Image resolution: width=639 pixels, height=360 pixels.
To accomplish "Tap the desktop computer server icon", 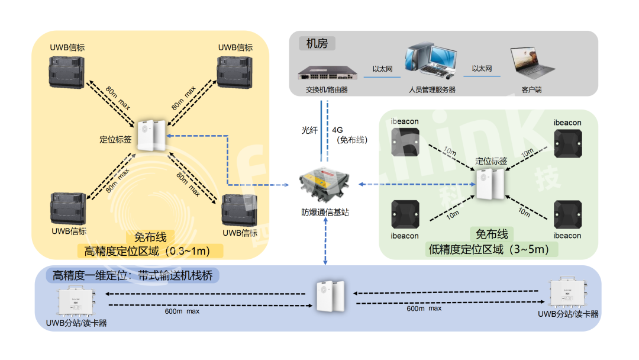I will point(430,62).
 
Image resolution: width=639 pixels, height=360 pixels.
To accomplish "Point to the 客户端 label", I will point(531,90).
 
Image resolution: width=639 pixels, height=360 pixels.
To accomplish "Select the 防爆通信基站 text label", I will point(324,211).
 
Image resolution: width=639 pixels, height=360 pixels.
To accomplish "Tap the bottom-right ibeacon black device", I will point(567,214).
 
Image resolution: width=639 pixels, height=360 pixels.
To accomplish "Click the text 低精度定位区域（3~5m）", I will point(489,249).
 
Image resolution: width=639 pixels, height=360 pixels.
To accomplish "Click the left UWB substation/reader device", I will point(78,301).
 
